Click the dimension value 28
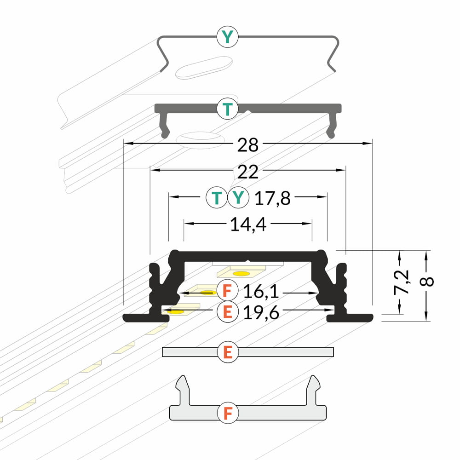pyautogui.click(x=248, y=145)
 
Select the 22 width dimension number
pyautogui.click(x=248, y=172)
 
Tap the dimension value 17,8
pyautogui.click(x=272, y=198)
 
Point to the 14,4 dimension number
pyautogui.click(x=248, y=225)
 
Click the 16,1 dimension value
pyautogui.click(x=261, y=292)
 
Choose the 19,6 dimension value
pyautogui.click(x=261, y=312)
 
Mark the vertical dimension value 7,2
pyautogui.click(x=401, y=282)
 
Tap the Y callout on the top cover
pyautogui.click(x=227, y=37)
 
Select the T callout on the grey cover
pyautogui.click(x=227, y=109)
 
